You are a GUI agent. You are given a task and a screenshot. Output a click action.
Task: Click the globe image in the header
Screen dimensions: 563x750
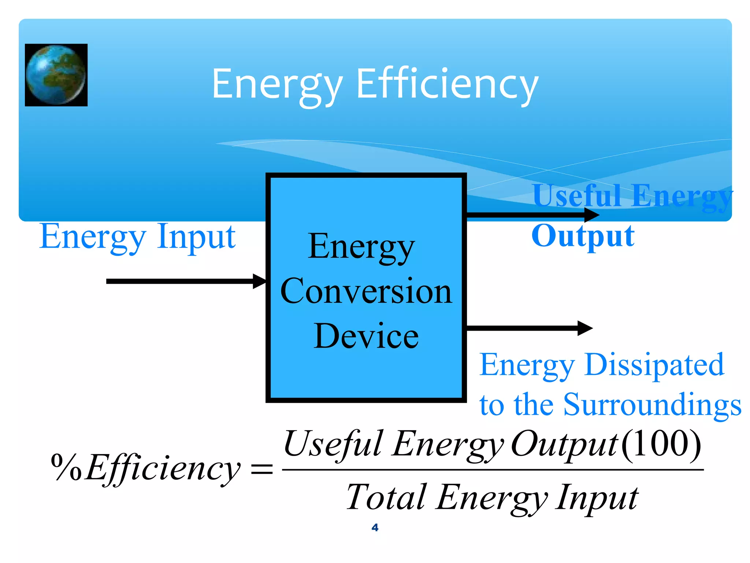coord(56,75)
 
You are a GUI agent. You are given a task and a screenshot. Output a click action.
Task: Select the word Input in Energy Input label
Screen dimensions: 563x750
coord(196,237)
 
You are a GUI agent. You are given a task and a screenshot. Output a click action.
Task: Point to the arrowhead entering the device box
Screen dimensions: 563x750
coord(260,281)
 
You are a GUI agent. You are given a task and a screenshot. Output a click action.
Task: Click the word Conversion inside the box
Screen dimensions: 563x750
coord(366,291)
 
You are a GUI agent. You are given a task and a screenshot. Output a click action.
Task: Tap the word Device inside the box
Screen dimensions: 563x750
coord(366,336)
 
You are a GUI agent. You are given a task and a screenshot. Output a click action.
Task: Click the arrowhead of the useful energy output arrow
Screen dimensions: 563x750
coord(591,215)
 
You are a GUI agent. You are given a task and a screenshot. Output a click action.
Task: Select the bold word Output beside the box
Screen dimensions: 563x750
coord(583,236)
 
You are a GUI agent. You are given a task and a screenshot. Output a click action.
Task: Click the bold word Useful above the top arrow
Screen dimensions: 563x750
coord(576,196)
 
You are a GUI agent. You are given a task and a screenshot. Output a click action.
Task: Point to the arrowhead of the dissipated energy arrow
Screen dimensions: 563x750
coord(585,328)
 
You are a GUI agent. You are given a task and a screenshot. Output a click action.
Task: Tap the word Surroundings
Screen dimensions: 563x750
coord(652,405)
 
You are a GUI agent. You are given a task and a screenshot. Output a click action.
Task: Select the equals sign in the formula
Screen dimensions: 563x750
coord(261,469)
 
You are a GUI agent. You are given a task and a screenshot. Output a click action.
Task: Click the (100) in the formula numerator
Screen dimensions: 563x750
coord(661,444)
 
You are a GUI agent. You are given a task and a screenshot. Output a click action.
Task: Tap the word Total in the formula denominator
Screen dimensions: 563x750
coord(386,497)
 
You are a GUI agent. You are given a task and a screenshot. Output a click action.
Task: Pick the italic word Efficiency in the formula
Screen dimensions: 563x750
coord(163,468)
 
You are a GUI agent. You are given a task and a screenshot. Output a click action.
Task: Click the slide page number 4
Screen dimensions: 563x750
coord(375,527)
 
